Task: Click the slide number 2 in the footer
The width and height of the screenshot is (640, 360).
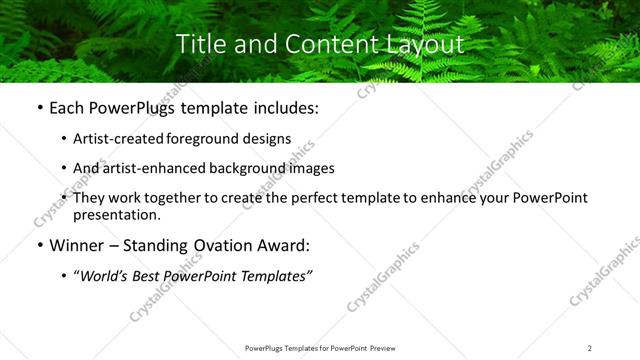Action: pos(590,348)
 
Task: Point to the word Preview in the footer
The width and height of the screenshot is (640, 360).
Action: pos(382,348)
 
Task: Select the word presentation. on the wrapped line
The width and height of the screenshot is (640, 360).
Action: pos(117,214)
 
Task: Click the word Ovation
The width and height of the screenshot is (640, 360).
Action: pos(214,245)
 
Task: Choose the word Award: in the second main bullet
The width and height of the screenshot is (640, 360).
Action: pos(282,245)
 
